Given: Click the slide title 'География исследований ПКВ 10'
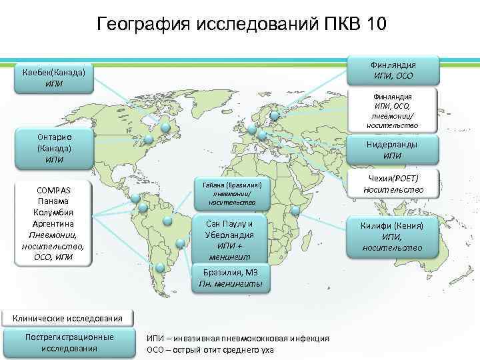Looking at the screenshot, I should click(240, 24).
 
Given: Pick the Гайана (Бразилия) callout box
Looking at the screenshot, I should click(231, 192).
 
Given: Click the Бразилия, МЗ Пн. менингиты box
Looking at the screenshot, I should click(231, 279).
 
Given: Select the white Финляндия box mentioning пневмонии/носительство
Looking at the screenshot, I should click(393, 111).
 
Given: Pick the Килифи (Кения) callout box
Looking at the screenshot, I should click(393, 236).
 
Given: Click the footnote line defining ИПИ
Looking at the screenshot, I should click(237, 339).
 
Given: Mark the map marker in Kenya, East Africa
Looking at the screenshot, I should click(295, 210).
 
